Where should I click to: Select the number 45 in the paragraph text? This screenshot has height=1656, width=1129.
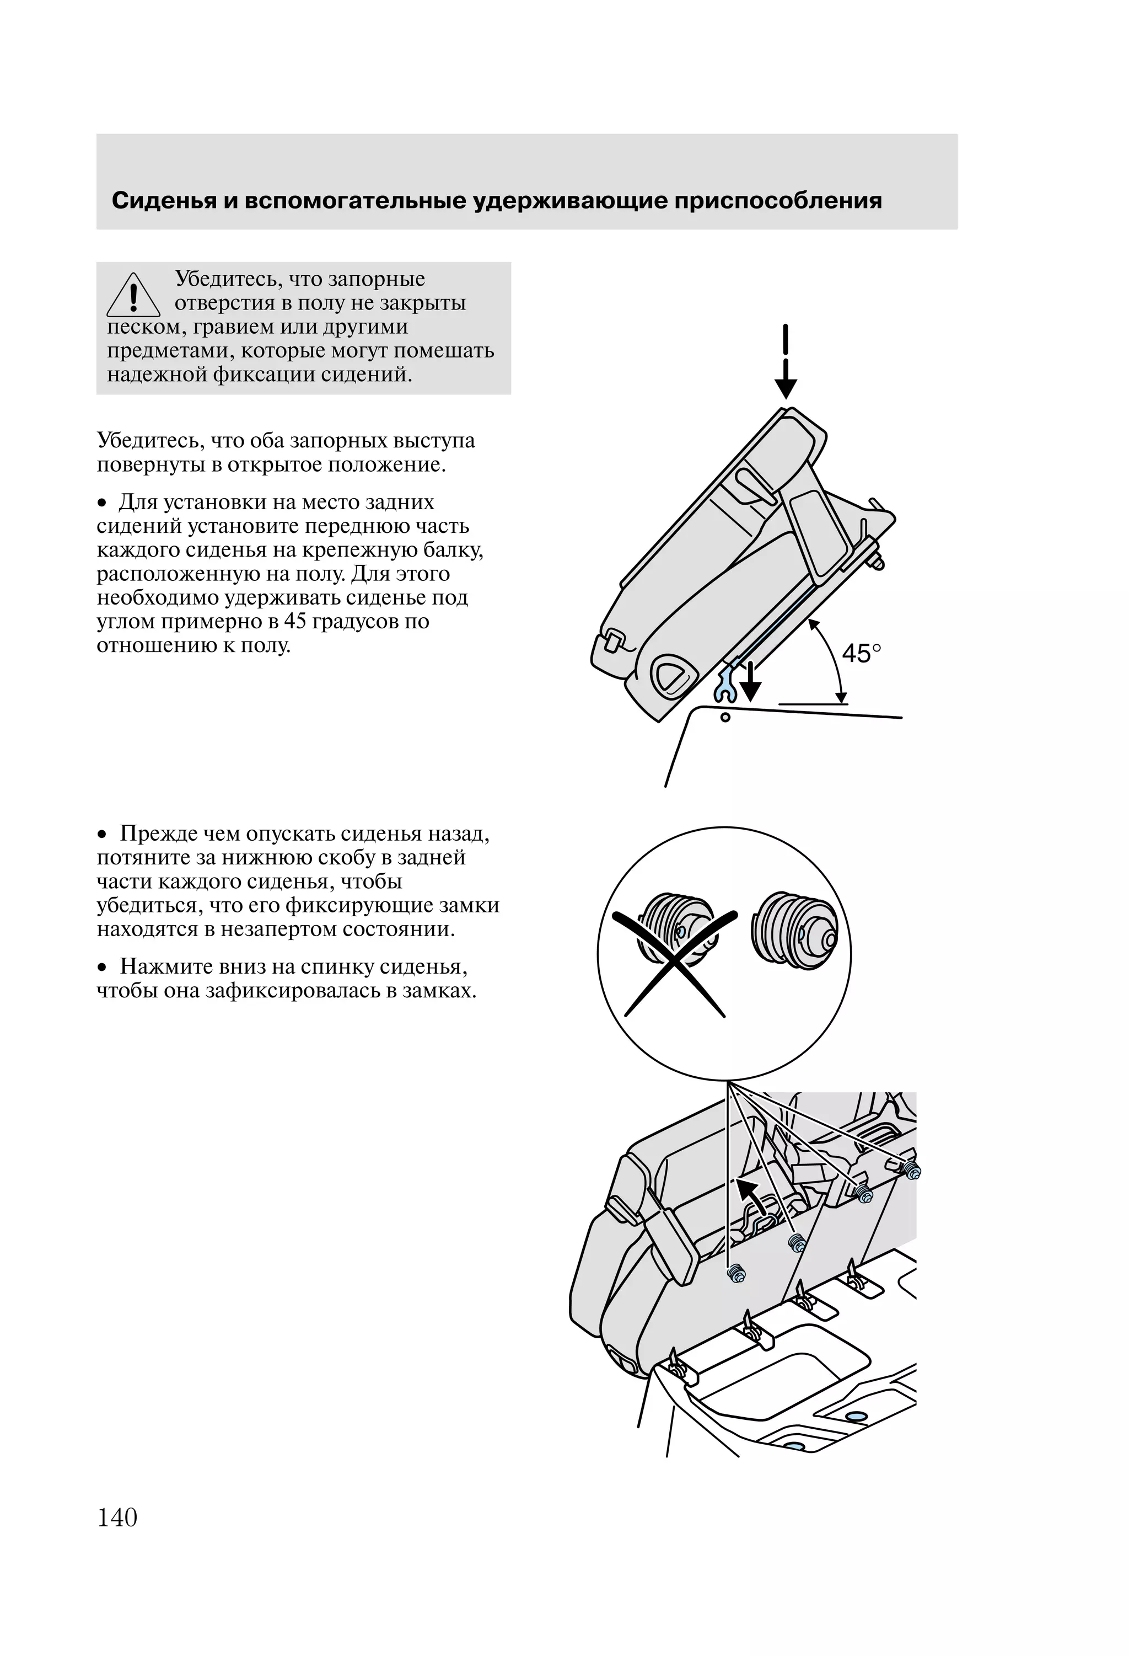click(x=294, y=621)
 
